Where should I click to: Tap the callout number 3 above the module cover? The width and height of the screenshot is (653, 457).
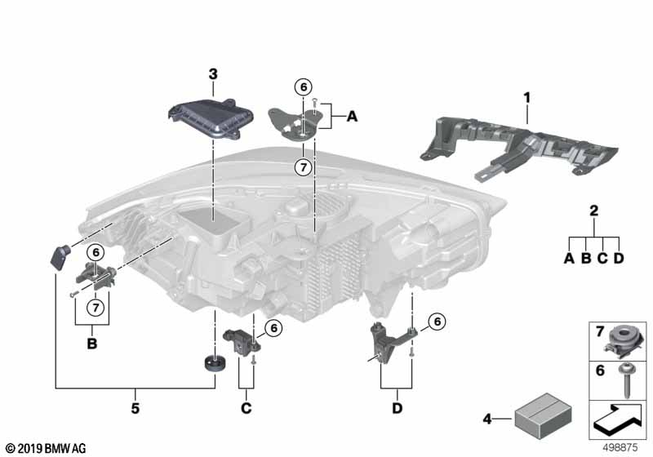click(x=212, y=74)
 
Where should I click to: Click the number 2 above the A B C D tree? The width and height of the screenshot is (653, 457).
click(x=593, y=211)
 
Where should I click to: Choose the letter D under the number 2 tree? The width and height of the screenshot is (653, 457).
click(x=620, y=260)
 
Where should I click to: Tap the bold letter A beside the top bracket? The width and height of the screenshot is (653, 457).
click(x=352, y=118)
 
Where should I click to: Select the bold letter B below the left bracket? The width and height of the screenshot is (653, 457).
click(x=91, y=344)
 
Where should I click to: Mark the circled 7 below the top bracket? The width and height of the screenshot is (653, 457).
click(x=302, y=168)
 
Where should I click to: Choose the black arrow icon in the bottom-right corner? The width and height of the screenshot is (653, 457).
click(x=618, y=420)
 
